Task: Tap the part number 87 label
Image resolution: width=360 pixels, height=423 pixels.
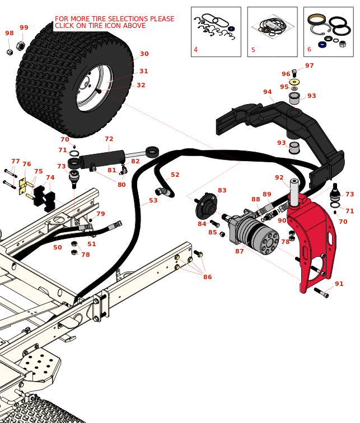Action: [x=240, y=251]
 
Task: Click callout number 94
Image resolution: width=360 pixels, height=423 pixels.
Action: [x=268, y=92]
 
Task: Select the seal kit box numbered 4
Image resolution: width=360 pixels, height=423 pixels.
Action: [x=216, y=31]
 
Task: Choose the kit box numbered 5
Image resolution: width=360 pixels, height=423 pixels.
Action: [x=272, y=31]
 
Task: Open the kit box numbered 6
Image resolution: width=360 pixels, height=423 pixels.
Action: [x=328, y=31]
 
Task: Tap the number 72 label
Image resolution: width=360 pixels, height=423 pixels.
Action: [x=109, y=139]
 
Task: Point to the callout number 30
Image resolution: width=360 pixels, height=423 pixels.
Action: [x=144, y=54]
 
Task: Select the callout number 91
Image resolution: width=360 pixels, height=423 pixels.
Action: [x=339, y=284]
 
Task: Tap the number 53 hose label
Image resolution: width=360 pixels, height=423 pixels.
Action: [x=153, y=200]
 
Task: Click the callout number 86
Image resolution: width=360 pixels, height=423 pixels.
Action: [x=208, y=277]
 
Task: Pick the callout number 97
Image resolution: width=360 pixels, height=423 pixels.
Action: [x=309, y=65]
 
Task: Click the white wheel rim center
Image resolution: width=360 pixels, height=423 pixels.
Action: [x=93, y=87]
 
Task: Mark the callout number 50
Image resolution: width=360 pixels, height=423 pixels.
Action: [x=58, y=247]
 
